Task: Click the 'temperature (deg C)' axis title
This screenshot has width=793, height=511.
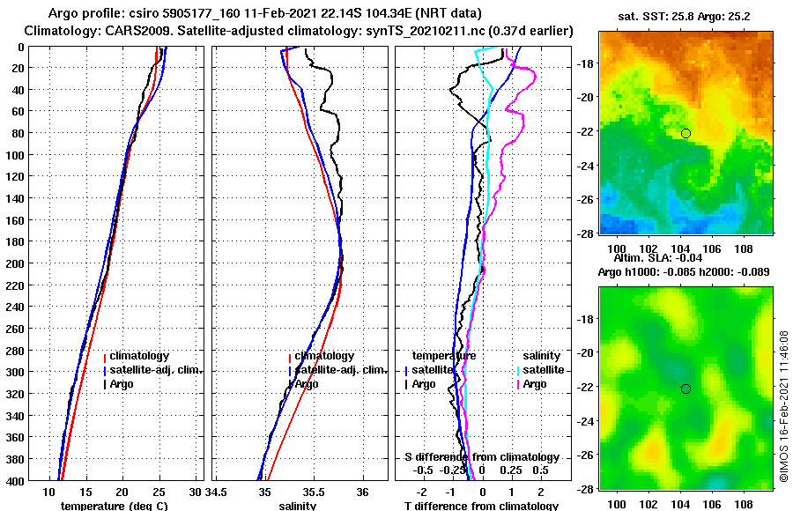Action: pos(114,506)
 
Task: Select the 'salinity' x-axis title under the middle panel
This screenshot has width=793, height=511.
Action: pos(297,506)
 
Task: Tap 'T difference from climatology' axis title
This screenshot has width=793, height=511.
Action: pos(481,506)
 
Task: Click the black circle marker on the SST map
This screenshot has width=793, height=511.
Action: pos(686,133)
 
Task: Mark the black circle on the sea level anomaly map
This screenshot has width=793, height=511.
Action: pos(686,389)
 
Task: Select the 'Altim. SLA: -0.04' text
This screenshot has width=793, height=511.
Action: pos(671,257)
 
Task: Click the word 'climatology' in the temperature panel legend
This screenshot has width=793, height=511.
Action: pos(141,356)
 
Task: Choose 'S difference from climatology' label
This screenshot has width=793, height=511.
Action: pos(481,457)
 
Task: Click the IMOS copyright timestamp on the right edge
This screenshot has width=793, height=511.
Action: pos(783,406)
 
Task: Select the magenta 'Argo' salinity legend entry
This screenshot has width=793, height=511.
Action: pos(534,384)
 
